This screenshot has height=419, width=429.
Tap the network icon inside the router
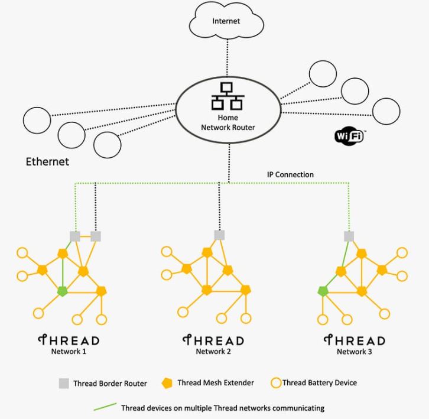(227, 96)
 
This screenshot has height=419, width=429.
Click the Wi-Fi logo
(349, 137)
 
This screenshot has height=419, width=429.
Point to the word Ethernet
(47, 161)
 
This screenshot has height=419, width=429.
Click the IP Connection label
(290, 174)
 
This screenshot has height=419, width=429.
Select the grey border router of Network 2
(219, 235)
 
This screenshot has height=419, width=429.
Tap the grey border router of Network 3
(349, 236)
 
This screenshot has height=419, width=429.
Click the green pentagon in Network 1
(62, 291)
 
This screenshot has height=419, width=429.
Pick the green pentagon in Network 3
(323, 291)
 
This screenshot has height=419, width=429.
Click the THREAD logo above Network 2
(213, 340)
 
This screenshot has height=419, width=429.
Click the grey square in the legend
(63, 384)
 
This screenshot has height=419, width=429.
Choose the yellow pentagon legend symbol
(166, 383)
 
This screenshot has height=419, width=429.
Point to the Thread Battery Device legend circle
(276, 383)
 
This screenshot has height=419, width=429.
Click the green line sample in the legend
(105, 407)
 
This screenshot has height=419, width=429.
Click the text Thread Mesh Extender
(216, 383)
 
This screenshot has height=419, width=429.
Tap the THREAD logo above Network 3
(355, 340)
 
